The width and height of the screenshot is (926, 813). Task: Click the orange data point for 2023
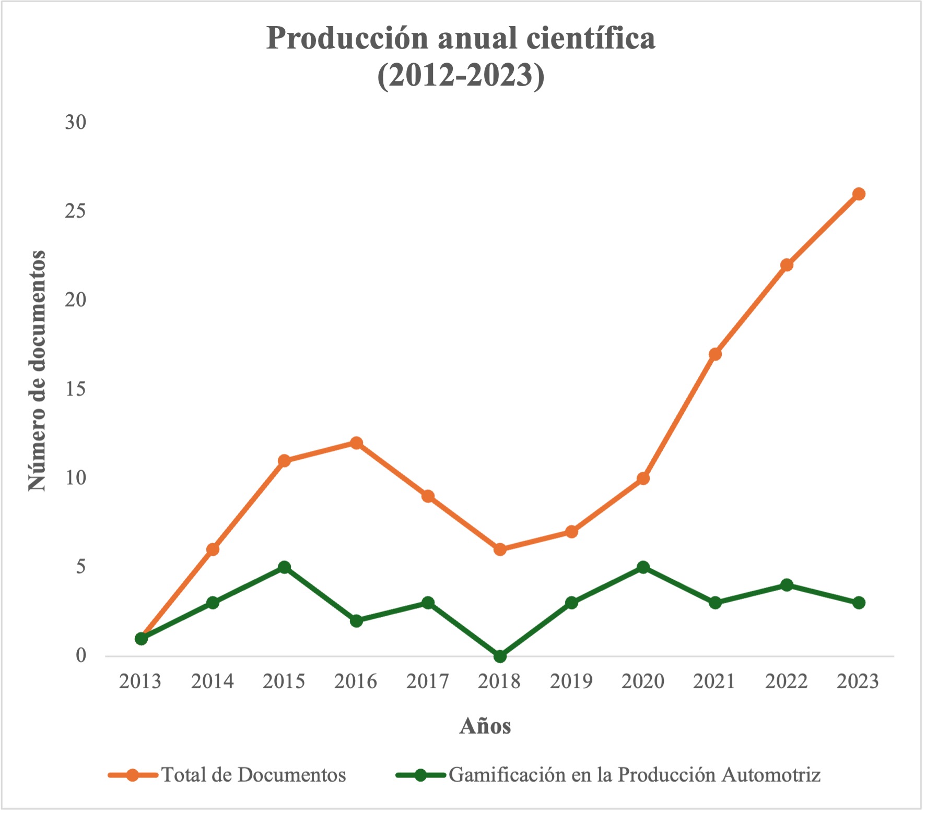(859, 194)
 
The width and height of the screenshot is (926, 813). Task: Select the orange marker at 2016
(356, 443)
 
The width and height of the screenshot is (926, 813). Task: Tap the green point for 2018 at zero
(500, 656)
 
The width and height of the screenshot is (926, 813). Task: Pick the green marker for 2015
(284, 567)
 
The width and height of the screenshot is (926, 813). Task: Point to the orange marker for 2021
(715, 354)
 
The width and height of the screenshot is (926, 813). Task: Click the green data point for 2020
(643, 567)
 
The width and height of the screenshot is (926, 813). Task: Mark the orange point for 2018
(500, 549)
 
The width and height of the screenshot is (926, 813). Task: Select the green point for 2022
(787, 585)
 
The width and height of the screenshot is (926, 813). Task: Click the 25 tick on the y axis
(75, 211)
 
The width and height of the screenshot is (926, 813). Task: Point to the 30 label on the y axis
(75, 122)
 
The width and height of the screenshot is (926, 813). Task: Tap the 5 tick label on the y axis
(80, 567)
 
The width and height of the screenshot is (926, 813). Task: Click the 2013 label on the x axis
(140, 682)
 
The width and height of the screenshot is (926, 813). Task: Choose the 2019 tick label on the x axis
(571, 682)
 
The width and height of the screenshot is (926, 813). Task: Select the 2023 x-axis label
(858, 682)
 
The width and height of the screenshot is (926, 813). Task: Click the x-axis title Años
(485, 726)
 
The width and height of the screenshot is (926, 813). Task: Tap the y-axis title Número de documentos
(37, 370)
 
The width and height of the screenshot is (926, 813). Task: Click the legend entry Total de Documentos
(253, 775)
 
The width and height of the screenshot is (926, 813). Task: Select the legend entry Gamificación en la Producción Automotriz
(634, 775)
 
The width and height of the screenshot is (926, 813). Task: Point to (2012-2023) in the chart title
(461, 75)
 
